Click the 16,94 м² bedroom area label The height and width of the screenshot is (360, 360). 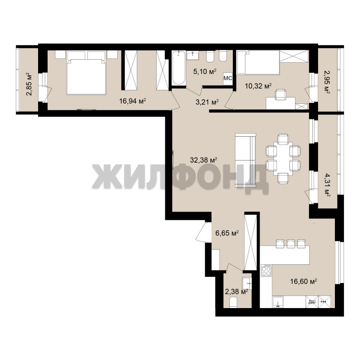133,101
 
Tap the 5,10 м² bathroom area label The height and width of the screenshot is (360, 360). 205,72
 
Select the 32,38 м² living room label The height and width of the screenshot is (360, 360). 203,160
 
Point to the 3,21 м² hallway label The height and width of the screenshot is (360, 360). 207,102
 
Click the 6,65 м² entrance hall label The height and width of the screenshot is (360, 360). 227,233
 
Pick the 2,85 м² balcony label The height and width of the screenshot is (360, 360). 29,84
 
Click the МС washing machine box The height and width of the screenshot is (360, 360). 228,78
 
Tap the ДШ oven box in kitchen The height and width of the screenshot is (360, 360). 312,302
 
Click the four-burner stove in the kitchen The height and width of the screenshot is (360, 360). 267,270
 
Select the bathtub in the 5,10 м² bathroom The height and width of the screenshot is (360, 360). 179,68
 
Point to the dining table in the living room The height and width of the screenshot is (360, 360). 283,159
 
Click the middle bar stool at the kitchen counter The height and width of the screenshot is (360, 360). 291,244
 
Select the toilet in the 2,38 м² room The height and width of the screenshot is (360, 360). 233,302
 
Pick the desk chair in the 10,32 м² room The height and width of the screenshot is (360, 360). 281,94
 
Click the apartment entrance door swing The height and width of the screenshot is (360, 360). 202,231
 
